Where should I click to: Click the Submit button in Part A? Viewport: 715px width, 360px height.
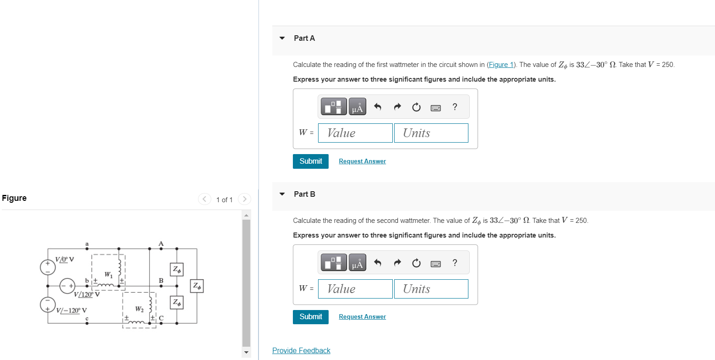pos(310,161)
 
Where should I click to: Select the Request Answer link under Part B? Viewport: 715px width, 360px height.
pos(362,316)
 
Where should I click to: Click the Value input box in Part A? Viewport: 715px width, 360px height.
pos(355,133)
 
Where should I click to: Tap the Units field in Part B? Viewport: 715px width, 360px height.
pos(431,289)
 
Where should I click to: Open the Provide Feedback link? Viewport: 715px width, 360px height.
pos(301,350)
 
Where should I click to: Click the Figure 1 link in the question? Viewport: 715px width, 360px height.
pos(500,65)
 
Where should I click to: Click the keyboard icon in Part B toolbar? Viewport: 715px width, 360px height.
pos(435,263)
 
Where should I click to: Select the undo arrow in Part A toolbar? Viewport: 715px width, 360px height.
pos(378,107)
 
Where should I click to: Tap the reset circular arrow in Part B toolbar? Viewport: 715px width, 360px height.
pos(416,263)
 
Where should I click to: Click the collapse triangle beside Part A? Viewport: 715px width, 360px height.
pos(282,38)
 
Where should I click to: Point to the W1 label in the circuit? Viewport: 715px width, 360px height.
pos(108,275)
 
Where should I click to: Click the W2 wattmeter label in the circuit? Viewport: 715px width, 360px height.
pos(139,310)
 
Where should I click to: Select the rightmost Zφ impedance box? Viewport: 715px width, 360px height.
pos(197,286)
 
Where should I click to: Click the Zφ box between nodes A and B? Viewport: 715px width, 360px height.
pos(176,270)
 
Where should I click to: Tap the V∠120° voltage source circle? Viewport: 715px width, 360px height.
pos(67,285)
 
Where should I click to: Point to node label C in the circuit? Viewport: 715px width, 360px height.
pos(161,317)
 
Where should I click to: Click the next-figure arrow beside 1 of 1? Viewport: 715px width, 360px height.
pos(245,199)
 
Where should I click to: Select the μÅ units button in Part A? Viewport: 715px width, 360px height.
pos(357,107)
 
